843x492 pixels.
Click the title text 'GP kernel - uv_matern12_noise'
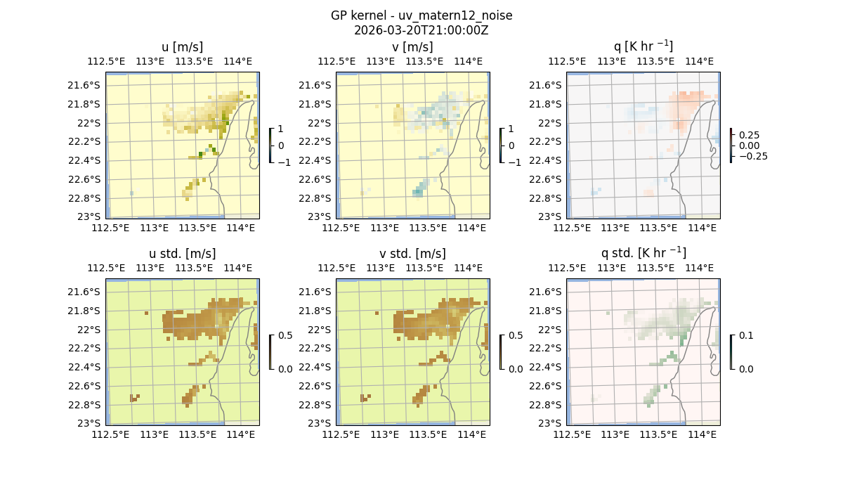(421, 15)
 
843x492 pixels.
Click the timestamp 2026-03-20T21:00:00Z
(421, 30)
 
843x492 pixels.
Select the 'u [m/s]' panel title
(183, 47)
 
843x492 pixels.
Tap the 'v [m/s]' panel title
(413, 47)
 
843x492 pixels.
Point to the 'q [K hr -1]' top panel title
(643, 46)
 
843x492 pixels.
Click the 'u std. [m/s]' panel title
(183, 253)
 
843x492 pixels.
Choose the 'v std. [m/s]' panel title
(413, 253)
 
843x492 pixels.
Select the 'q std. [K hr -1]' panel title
(643, 252)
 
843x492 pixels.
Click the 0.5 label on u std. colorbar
(286, 335)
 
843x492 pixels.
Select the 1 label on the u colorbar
(281, 129)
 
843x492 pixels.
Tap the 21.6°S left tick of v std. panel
(316, 292)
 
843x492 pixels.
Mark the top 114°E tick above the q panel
(699, 61)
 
